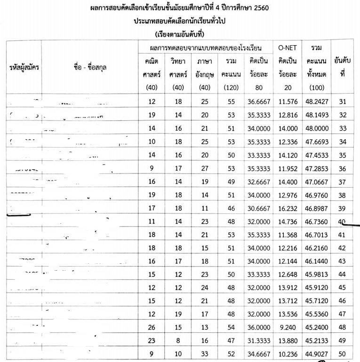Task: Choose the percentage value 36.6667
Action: coord(256,102)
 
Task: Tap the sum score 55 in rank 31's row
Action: coord(228,102)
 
